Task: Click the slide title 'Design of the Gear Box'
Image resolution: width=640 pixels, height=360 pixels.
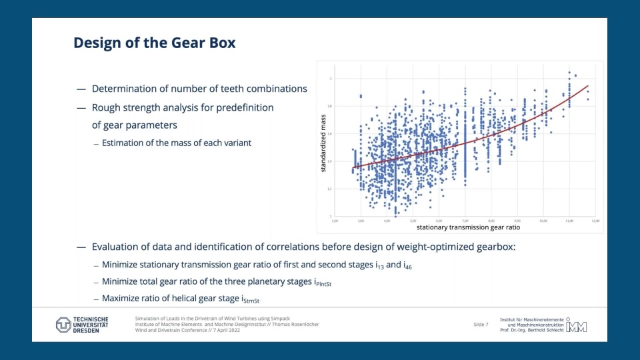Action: click(x=154, y=43)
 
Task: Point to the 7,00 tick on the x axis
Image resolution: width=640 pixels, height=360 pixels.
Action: click(x=465, y=220)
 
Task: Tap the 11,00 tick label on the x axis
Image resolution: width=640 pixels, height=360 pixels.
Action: click(x=569, y=220)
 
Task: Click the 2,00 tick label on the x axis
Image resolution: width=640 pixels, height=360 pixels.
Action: click(x=335, y=220)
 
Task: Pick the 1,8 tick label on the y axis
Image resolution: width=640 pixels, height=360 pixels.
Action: click(x=329, y=106)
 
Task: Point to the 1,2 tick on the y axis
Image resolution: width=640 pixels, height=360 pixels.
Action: click(x=329, y=189)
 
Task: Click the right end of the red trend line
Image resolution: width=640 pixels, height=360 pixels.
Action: click(x=588, y=85)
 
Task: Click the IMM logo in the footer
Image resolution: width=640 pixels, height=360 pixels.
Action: click(x=576, y=325)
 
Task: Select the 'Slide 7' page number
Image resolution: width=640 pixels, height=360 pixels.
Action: click(x=481, y=325)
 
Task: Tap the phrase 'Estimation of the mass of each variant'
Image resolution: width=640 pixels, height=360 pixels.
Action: click(x=176, y=143)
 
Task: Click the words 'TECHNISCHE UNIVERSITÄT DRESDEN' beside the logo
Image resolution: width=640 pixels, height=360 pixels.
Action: click(x=90, y=325)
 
